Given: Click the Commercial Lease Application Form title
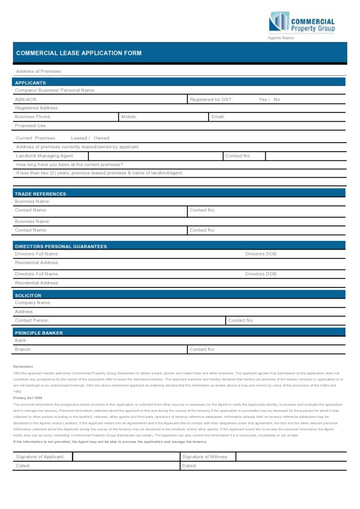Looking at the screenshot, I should click(x=79, y=53).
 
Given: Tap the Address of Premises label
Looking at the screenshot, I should click(x=39, y=71).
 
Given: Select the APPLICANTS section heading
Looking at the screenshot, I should click(x=30, y=83).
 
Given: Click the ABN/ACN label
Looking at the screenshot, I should click(x=26, y=99).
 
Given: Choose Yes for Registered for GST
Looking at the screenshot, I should click(x=263, y=99).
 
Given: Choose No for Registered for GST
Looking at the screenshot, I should click(x=277, y=99).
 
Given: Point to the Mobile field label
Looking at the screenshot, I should click(x=129, y=117).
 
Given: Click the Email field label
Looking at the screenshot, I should click(x=218, y=117).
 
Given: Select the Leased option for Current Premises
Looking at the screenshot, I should click(x=79, y=138).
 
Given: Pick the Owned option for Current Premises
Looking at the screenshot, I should click(x=102, y=138).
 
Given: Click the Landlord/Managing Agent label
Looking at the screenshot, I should click(x=45, y=156).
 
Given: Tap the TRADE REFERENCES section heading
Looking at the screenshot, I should click(x=41, y=194).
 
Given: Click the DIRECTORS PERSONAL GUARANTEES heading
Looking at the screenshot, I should click(x=61, y=247).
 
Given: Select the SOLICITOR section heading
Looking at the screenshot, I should click(x=28, y=296).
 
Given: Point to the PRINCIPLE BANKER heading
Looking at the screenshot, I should click(x=39, y=333).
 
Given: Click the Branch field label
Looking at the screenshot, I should click(x=23, y=350).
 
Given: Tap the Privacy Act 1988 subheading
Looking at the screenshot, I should click(x=28, y=398).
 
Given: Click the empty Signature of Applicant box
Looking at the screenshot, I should click(x=126, y=457).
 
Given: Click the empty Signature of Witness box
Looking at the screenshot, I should click(x=291, y=457).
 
